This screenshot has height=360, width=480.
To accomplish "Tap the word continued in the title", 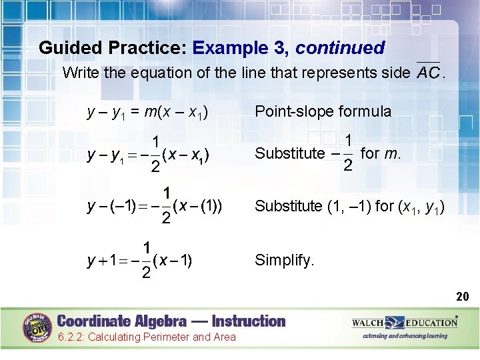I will [x=340, y=48].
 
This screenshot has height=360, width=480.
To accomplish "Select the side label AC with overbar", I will [x=427, y=72].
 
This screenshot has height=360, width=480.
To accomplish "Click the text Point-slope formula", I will [x=323, y=111].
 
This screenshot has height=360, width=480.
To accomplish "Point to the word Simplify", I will [x=284, y=260].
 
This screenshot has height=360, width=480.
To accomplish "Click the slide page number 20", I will [x=463, y=297].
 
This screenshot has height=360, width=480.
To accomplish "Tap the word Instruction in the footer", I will [x=246, y=321].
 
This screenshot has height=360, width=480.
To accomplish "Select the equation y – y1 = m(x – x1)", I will [x=147, y=112].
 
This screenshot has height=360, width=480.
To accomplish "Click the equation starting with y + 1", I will [x=140, y=259].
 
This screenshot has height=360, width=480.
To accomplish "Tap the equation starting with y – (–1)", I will [x=154, y=206].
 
